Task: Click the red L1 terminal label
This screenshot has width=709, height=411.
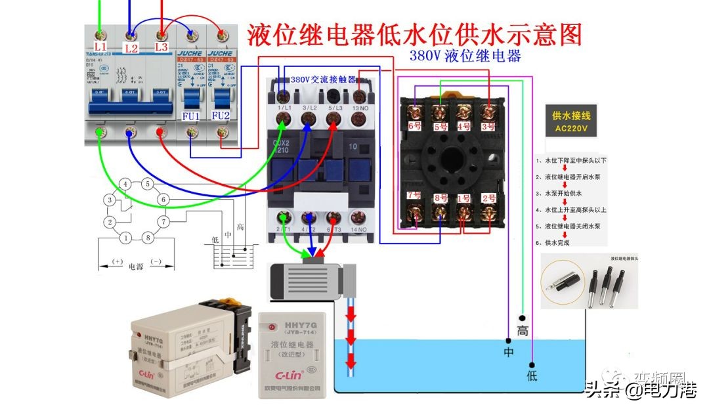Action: tap(100, 47)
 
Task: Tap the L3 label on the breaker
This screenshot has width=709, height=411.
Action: tap(161, 47)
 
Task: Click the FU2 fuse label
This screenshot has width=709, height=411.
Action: tap(221, 117)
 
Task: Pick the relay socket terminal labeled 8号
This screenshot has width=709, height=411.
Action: tap(439, 198)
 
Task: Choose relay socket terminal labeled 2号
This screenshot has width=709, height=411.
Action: tap(488, 198)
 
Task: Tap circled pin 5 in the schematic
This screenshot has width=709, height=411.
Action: tap(148, 184)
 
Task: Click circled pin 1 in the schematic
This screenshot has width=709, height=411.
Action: tap(125, 238)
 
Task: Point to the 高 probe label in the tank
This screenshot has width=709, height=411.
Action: tap(523, 332)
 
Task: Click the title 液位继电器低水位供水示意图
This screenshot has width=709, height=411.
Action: tap(414, 35)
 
